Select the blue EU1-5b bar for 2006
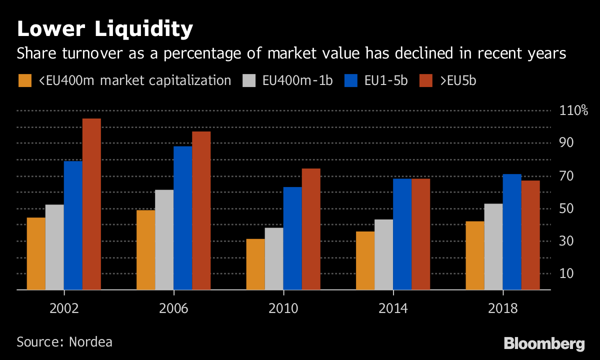coord(182,218)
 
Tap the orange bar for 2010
coord(255,264)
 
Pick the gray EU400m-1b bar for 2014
coord(383,254)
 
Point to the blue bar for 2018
coord(512,232)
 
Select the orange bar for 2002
coord(36,253)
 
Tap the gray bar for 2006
coord(164,240)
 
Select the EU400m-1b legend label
coord(297,80)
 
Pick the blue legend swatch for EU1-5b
coord(351,80)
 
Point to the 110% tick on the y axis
coord(573,110)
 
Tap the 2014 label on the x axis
coord(393,308)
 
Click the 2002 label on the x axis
coord(64,308)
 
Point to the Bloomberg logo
coord(544,344)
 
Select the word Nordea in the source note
coord(90,342)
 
